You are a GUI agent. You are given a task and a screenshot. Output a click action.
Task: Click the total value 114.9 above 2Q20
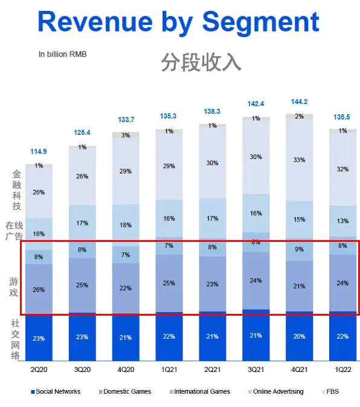click(x=39, y=151)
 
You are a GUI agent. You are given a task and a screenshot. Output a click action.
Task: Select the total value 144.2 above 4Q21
click(x=300, y=102)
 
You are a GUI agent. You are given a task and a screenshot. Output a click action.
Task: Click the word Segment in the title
click(x=260, y=22)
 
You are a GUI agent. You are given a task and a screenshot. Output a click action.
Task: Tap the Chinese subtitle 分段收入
click(x=201, y=62)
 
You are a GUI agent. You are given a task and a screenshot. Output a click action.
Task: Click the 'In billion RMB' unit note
click(x=63, y=54)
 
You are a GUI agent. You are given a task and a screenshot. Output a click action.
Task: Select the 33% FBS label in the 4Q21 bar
click(x=300, y=160)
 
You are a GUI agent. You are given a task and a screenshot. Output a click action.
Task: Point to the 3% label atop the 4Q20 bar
click(x=126, y=135)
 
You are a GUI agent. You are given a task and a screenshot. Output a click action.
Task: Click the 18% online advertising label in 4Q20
click(x=126, y=225)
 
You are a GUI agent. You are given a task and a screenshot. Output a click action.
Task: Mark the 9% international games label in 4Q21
click(x=300, y=249)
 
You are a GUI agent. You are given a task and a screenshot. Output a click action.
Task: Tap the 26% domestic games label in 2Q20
click(x=39, y=290)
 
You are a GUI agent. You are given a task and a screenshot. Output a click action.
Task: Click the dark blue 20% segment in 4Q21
click(x=300, y=337)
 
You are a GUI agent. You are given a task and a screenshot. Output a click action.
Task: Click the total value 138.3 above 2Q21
click(x=213, y=112)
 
